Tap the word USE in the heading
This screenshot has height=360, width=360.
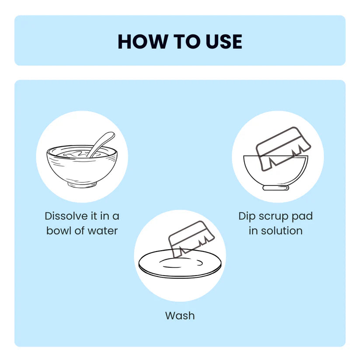click(224, 42)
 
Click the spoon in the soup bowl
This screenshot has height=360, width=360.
click(101, 144)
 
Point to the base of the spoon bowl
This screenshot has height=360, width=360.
click(82, 185)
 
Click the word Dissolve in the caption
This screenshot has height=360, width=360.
click(66, 216)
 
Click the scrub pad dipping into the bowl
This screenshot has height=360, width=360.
click(283, 149)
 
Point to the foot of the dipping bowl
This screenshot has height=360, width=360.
click(276, 188)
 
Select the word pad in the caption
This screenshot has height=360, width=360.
click(302, 217)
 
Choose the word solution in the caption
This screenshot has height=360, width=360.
click(282, 231)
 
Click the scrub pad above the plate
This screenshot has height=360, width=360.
click(192, 239)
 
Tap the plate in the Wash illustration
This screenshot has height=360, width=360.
click(180, 264)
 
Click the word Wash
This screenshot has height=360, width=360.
click(180, 316)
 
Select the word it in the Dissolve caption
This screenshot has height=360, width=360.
click(94, 216)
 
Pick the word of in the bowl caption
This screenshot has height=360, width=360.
click(80, 231)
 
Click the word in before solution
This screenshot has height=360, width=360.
click(253, 231)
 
